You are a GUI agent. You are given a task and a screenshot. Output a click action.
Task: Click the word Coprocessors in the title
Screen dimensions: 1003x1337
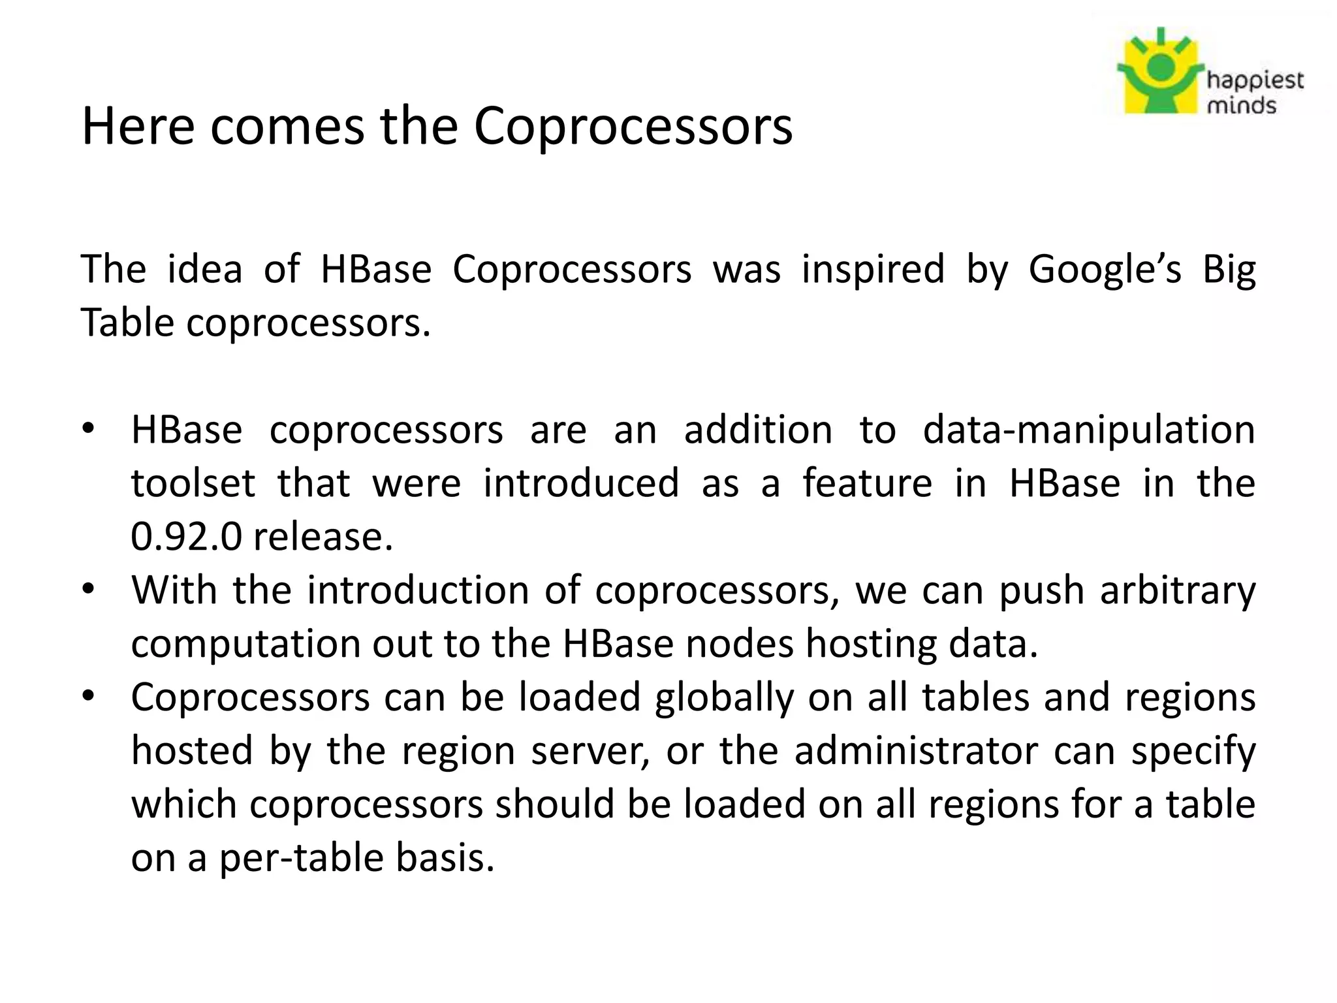click(x=633, y=127)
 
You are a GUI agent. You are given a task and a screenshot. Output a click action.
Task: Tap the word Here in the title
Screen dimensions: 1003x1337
click(x=138, y=127)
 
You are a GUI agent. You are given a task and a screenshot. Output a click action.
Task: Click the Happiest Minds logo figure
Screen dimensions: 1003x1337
click(x=1160, y=72)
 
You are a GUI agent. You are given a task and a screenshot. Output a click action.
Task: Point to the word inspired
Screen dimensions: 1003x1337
click(x=873, y=270)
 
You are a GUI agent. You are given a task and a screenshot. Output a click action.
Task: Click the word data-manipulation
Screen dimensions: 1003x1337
click(x=1089, y=430)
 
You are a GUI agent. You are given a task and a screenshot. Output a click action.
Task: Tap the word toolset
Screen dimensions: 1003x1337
click(x=193, y=484)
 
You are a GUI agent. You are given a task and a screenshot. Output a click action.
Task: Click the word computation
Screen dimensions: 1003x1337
click(x=245, y=645)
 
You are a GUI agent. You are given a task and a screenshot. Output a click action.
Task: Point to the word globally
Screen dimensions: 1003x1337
click(x=724, y=697)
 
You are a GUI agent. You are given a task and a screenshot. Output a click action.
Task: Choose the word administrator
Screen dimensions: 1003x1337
click(x=915, y=751)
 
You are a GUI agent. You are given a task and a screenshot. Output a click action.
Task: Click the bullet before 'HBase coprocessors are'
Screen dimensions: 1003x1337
click(x=88, y=430)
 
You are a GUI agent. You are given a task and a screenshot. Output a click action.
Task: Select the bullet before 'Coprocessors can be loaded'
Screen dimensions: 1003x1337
click(x=88, y=697)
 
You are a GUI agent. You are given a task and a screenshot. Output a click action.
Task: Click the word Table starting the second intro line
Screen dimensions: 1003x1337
click(x=127, y=323)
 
